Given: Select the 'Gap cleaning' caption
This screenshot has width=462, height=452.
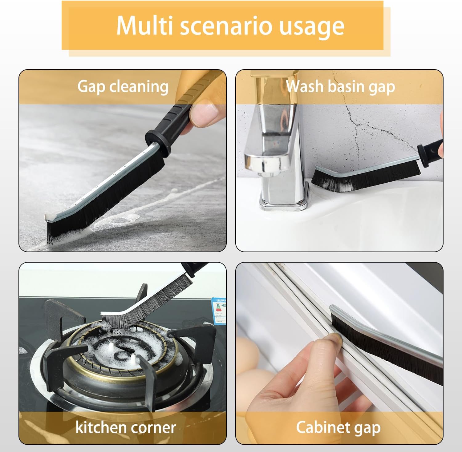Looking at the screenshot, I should point(123,86).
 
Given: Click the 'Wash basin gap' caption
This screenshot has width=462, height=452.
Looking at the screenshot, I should point(340,86).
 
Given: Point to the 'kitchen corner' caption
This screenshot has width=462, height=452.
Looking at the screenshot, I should point(125,427).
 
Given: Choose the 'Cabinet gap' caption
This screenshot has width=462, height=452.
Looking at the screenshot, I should point(338,427).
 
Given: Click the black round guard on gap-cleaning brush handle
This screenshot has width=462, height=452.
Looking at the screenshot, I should point(158,141).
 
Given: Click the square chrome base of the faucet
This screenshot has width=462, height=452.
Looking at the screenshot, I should point(283,201).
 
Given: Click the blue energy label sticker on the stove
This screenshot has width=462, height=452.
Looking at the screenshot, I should point(219,311).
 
